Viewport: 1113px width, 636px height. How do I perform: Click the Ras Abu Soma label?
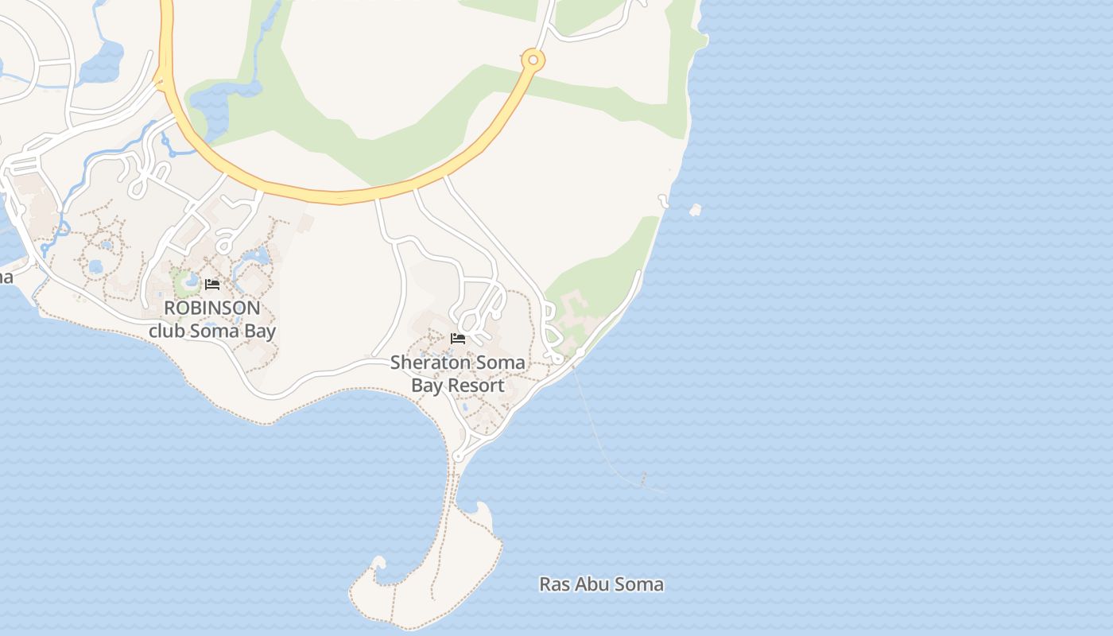pyautogui.click(x=601, y=584)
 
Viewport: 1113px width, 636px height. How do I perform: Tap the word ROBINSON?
pyautogui.click(x=212, y=308)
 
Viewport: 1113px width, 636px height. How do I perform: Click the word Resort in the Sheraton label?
pyautogui.click(x=475, y=386)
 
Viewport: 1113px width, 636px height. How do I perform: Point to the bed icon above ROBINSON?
pyautogui.click(x=212, y=285)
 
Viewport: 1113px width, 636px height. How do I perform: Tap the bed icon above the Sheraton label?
pyautogui.click(x=458, y=339)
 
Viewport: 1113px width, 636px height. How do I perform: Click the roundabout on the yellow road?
pyautogui.click(x=533, y=59)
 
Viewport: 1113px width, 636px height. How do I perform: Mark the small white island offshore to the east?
pyautogui.click(x=696, y=210)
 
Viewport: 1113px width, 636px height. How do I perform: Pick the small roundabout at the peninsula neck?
pyautogui.click(x=459, y=457)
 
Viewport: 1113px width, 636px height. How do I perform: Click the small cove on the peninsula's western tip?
pyautogui.click(x=378, y=564)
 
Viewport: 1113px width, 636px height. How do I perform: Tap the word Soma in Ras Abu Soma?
pyautogui.click(x=642, y=584)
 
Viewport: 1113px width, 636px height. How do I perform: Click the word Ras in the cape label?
pyautogui.click(x=554, y=584)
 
